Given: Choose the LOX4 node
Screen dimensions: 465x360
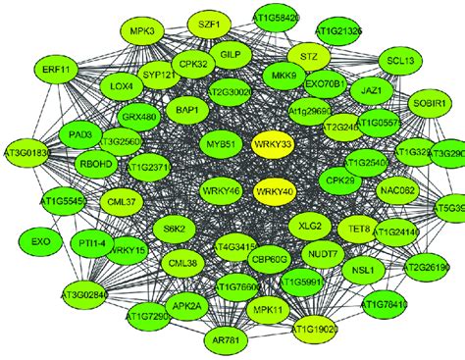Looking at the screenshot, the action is pyautogui.click(x=122, y=87).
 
